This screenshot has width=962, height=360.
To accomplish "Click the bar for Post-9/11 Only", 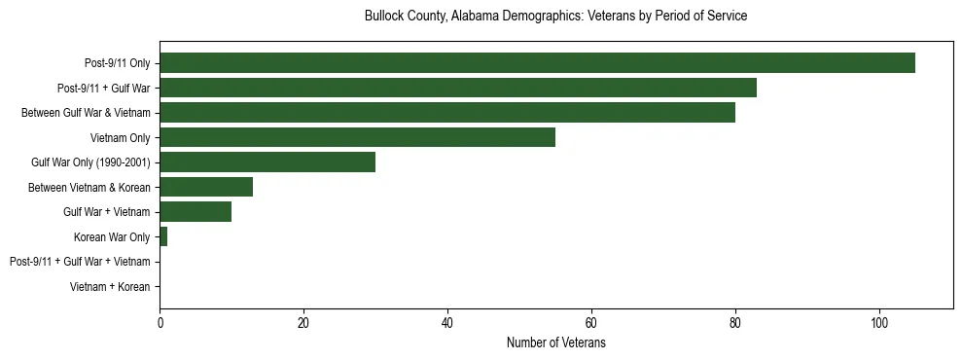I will [x=537, y=63].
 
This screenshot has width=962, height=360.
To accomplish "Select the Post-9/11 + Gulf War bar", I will [x=458, y=88].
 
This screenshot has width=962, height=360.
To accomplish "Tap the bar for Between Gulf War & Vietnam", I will [x=447, y=113].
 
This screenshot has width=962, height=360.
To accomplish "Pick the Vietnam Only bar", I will [x=357, y=137].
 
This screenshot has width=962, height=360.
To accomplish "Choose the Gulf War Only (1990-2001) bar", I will [x=267, y=162].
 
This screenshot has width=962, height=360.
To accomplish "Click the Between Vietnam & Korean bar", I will [x=206, y=187].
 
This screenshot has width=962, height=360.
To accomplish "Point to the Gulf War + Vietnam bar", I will [x=196, y=212].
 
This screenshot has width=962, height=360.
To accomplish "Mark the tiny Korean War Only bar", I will [x=163, y=236].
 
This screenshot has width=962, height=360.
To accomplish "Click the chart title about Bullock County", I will [x=555, y=17].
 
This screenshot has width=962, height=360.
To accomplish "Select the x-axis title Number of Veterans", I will [x=555, y=343].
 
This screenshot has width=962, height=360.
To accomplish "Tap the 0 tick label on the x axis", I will [x=160, y=324].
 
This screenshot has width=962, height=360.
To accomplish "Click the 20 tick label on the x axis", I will [x=303, y=324].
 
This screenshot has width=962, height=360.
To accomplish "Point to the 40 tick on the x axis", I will [x=447, y=324].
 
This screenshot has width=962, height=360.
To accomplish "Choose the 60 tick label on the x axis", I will [x=591, y=324].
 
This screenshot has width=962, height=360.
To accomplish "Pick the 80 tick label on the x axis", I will [x=735, y=324].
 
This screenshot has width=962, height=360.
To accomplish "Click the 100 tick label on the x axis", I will [x=879, y=324].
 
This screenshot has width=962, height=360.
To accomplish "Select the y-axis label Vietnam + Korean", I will [x=110, y=287].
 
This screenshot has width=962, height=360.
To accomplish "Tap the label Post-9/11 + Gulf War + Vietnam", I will [x=80, y=262].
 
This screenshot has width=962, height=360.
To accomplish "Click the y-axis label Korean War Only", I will [x=112, y=237].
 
